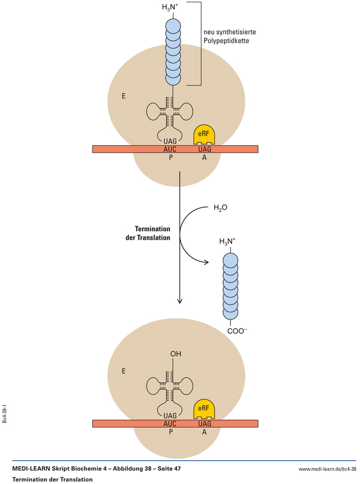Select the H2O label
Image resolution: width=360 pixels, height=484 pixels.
(x=220, y=209)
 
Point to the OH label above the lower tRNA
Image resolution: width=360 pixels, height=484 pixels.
(x=175, y=354)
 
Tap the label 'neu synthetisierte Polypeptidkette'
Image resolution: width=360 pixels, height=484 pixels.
(x=229, y=37)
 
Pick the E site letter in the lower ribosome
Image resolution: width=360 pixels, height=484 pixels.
(x=123, y=371)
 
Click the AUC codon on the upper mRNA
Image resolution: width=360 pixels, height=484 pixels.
(x=170, y=148)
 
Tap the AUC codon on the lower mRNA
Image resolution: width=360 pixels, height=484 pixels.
(x=170, y=423)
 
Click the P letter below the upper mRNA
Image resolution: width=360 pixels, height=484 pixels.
(x=170, y=157)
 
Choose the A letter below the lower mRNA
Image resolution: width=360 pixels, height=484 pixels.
(x=204, y=432)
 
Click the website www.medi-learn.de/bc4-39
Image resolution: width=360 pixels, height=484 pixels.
(x=327, y=468)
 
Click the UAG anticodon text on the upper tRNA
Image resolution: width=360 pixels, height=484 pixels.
(x=170, y=140)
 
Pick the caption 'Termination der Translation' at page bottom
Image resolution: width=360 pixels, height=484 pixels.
(x=52, y=479)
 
